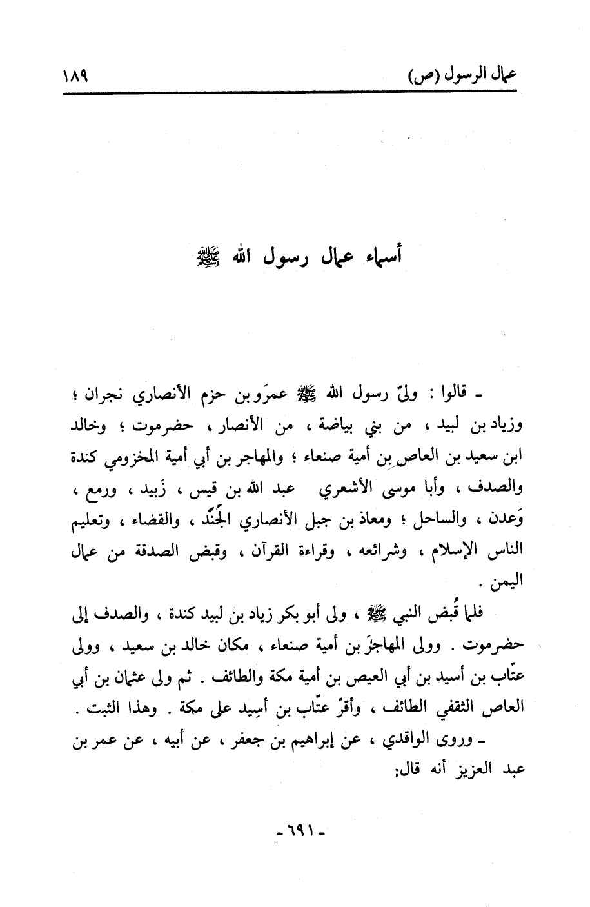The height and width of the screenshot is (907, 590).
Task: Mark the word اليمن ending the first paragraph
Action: click(x=505, y=580)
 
